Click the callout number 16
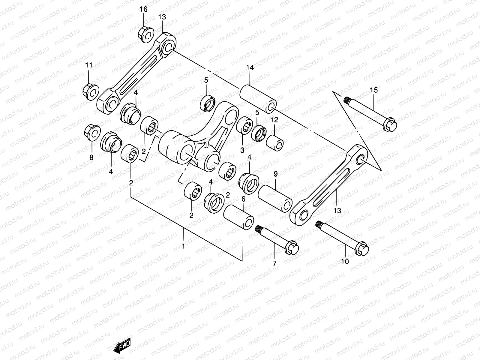pos(143,9)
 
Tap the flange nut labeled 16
pos(146,34)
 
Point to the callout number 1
pos(184,246)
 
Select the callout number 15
pos(374,90)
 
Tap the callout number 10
pos(345,262)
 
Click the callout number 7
pos(274,263)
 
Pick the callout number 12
pos(274,120)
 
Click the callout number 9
pos(275,174)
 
